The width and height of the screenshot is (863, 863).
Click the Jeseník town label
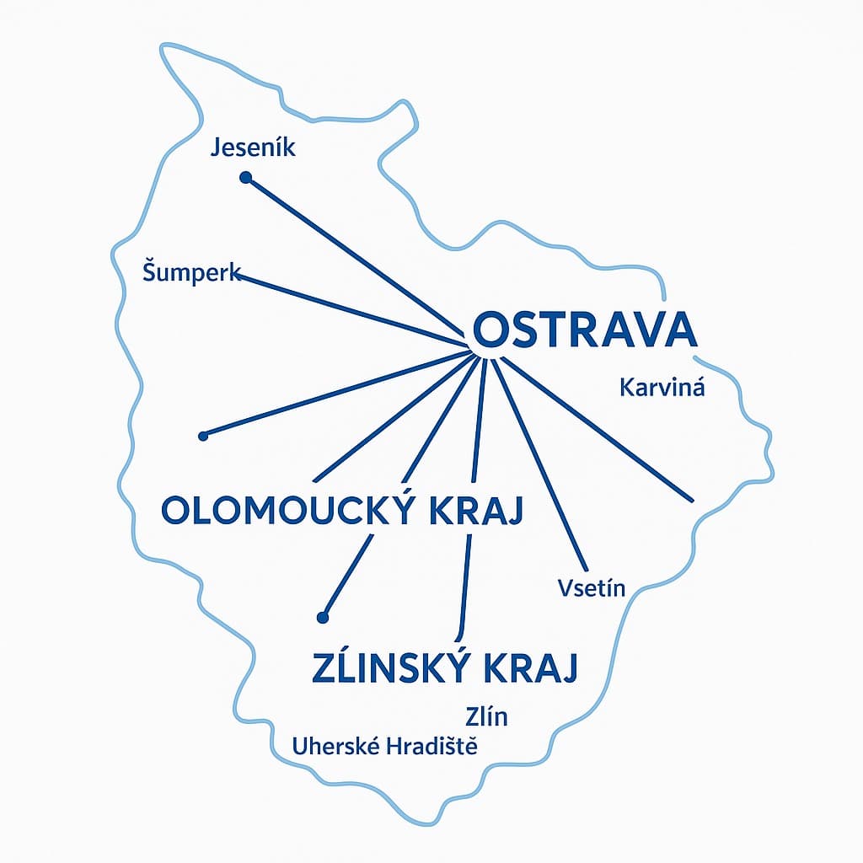pyautogui.click(x=252, y=149)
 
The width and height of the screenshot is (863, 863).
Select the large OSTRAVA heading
pyautogui.click(x=586, y=330)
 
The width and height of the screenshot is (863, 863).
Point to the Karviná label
pyautogui.click(x=662, y=388)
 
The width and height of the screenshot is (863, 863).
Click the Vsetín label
pyautogui.click(x=592, y=587)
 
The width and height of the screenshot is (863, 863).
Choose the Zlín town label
pyautogui.click(x=486, y=717)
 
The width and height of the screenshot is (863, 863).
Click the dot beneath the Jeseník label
pyautogui.click(x=245, y=178)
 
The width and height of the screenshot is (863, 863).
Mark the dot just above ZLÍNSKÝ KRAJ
pyautogui.click(x=321, y=618)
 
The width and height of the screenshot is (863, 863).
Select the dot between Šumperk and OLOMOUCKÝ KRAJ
pyautogui.click(x=202, y=436)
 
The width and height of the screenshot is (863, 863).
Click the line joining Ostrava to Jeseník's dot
pyautogui.click(x=354, y=257)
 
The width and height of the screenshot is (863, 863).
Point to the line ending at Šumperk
pyautogui.click(x=354, y=309)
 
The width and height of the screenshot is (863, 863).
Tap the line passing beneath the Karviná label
pyautogui.click(x=598, y=430)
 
